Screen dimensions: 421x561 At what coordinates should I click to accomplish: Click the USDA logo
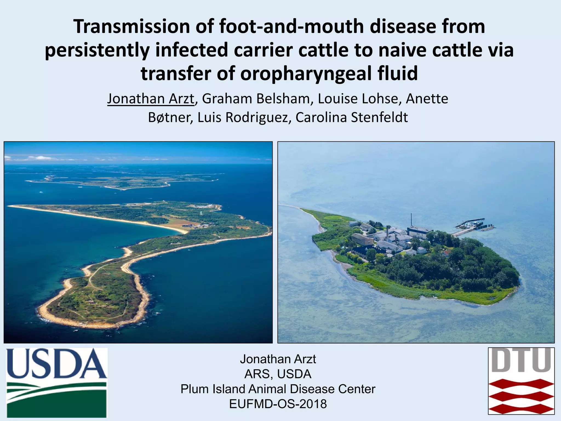pos(56,383)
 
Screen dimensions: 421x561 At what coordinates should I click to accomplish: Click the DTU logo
pos(521,381)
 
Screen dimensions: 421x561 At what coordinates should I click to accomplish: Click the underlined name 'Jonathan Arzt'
pos(151,99)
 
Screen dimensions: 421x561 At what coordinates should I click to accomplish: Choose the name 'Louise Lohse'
pos(357,99)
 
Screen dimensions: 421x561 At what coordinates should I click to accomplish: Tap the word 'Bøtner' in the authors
pos(170,117)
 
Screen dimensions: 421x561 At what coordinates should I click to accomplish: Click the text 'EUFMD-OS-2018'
pos(278,404)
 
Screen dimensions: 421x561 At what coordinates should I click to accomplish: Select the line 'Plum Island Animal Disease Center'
pos(278,389)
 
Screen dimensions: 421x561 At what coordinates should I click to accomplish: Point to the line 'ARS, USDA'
pos(278,374)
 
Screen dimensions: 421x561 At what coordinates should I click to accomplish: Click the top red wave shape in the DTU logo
pos(521,384)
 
